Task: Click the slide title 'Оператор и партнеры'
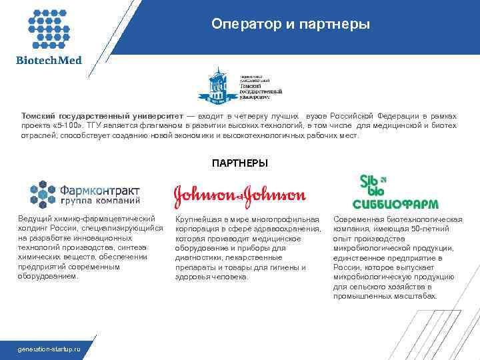click(290, 24)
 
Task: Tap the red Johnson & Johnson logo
click(239, 195)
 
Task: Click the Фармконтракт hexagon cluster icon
click(44, 193)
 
